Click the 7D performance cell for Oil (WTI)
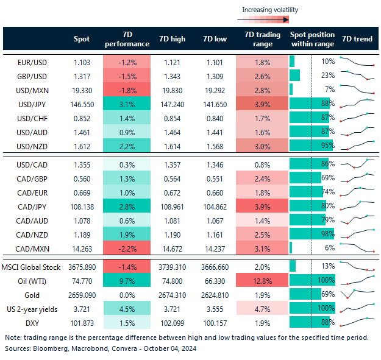tap(127, 280)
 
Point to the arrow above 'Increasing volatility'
tap(268, 19)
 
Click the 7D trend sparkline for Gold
tap(357, 294)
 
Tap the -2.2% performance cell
tap(127, 247)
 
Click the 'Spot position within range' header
tap(312, 39)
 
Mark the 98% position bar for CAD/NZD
tap(312, 233)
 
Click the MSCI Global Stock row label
tap(31, 266)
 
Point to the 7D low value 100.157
tap(215, 322)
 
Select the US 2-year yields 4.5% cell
tap(127, 308)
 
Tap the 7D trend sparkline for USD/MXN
tap(357, 90)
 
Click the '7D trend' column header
tap(357, 39)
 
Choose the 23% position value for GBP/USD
tap(327, 76)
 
